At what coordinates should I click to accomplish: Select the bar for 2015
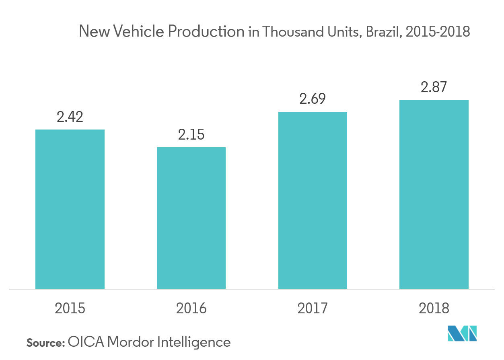click(x=70, y=209)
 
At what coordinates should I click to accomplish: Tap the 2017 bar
click(x=313, y=200)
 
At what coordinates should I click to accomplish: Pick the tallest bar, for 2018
click(x=434, y=194)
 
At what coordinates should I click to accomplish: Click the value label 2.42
click(x=70, y=117)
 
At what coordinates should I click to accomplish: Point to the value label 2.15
click(x=191, y=135)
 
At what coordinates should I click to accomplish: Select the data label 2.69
click(x=313, y=99)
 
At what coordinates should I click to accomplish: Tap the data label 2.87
click(x=434, y=87)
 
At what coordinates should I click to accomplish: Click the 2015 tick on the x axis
click(x=70, y=309)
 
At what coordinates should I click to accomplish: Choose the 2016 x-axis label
click(x=191, y=309)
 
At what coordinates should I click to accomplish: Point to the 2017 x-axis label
click(x=313, y=309)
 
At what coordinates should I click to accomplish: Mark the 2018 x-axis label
click(x=434, y=309)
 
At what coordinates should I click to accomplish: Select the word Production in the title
click(x=206, y=31)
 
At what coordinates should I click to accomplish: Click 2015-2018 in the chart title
click(x=438, y=31)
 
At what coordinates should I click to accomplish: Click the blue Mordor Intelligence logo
click(x=462, y=333)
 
